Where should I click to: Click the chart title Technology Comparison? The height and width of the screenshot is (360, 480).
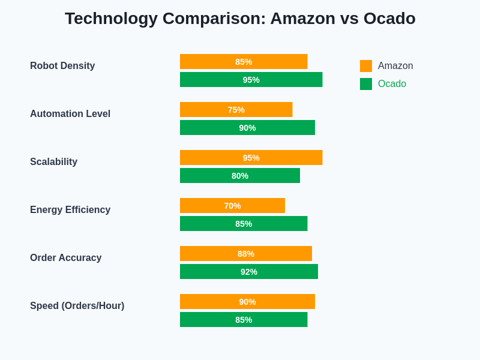(x=240, y=19)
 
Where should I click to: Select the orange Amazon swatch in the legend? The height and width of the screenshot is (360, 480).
(x=366, y=66)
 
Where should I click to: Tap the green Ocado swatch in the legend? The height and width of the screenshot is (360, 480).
(x=366, y=84)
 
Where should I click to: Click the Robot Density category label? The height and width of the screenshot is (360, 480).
(x=62, y=66)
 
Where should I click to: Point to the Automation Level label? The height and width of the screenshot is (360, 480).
(x=70, y=114)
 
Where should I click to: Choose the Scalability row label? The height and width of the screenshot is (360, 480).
(x=53, y=162)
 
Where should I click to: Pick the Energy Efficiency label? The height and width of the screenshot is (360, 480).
(x=70, y=210)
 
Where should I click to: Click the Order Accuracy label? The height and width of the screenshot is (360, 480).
(x=65, y=258)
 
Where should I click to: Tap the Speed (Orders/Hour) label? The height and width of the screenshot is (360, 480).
(x=77, y=306)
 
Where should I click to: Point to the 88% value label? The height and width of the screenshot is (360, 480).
(x=246, y=254)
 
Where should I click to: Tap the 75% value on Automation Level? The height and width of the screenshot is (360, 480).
(x=236, y=110)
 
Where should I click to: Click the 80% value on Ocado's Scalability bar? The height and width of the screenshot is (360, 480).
(x=240, y=176)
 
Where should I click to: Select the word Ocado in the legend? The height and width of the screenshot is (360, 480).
(x=392, y=84)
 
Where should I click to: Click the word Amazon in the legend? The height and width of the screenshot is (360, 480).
(x=395, y=66)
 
